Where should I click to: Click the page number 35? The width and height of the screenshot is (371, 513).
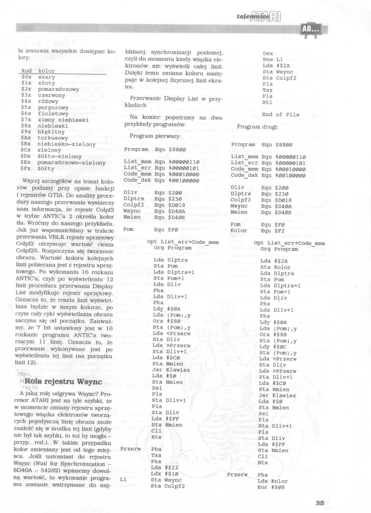[320, 503]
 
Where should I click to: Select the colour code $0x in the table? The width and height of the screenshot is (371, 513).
[26, 77]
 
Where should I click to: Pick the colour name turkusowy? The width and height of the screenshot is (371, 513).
[53, 138]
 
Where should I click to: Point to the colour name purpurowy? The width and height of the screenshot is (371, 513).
[53, 107]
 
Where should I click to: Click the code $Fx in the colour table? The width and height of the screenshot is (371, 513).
[26, 168]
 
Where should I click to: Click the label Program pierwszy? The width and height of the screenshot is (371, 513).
[155, 136]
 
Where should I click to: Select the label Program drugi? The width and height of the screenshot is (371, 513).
[257, 127]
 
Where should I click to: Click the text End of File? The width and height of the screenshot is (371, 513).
[281, 114]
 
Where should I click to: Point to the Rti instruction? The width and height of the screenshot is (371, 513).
[268, 102]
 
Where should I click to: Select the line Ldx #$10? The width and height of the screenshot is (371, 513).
[165, 474]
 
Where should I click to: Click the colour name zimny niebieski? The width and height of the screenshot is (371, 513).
[63, 120]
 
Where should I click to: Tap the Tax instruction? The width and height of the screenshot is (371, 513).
[268, 90]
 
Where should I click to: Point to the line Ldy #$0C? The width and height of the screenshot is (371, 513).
[273, 347]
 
